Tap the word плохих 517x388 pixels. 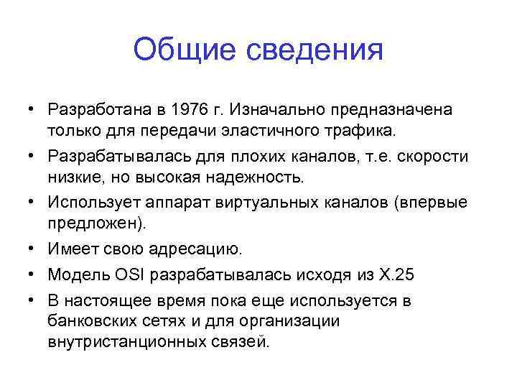[240, 157]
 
